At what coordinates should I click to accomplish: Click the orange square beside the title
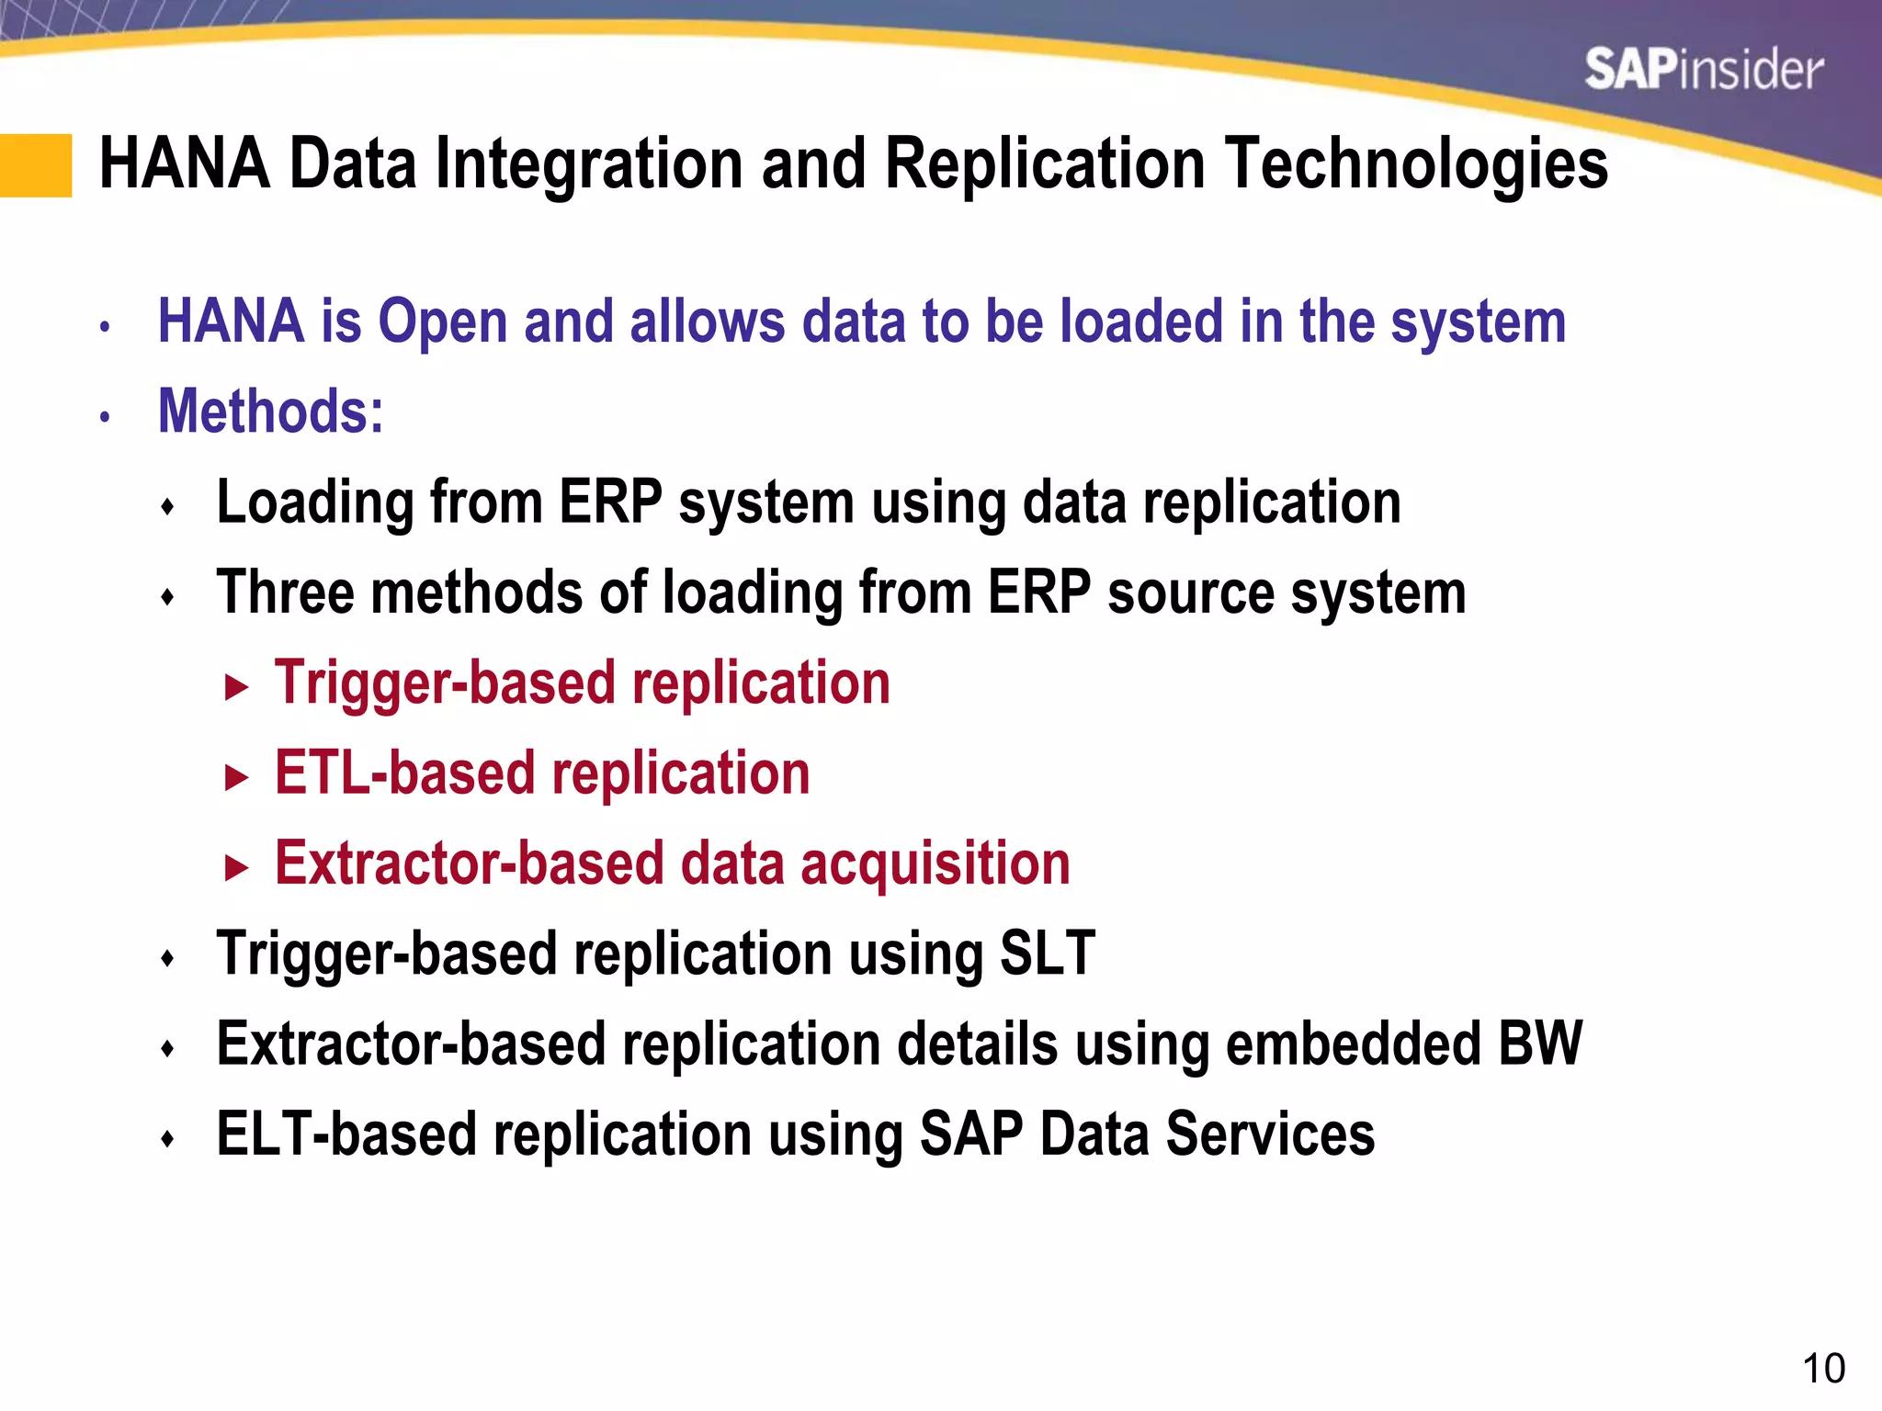(36, 165)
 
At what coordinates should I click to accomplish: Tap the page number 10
(1823, 1369)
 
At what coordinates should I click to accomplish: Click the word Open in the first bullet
(443, 322)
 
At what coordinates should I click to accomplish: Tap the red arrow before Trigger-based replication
(236, 686)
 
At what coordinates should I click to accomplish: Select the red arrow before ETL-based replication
(236, 777)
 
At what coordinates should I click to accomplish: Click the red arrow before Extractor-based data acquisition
(236, 867)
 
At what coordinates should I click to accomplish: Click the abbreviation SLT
(1047, 954)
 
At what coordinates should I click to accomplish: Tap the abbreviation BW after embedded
(1539, 1044)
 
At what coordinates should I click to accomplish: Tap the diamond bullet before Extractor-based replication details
(167, 1048)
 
